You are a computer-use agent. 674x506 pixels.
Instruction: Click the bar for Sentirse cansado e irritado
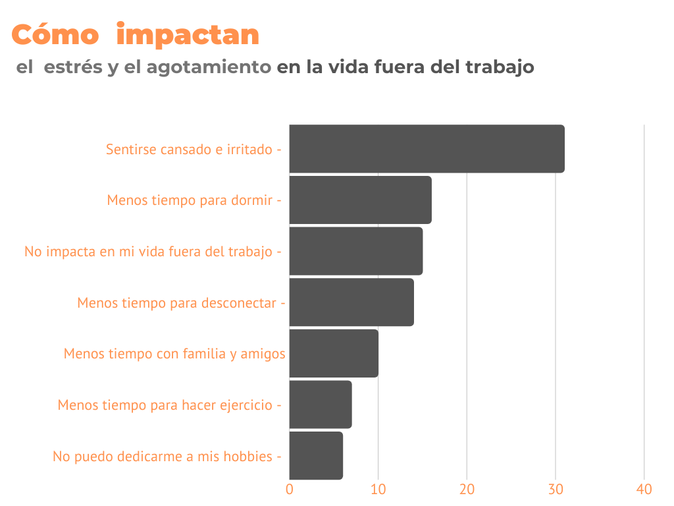(x=427, y=149)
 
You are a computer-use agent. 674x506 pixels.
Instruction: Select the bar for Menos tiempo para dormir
(x=360, y=200)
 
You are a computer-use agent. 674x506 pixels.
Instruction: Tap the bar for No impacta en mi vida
(x=355, y=251)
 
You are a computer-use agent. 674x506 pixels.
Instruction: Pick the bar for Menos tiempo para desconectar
(x=351, y=302)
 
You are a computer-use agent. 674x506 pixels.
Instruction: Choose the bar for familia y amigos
(x=334, y=354)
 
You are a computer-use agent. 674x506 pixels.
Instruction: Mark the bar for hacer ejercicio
(x=321, y=405)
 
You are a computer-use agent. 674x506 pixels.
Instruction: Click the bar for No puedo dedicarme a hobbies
(x=316, y=456)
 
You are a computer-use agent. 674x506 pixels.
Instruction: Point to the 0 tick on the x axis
(x=290, y=490)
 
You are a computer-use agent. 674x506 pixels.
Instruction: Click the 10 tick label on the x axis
(x=378, y=490)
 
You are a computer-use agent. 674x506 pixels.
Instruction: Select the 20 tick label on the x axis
(x=467, y=490)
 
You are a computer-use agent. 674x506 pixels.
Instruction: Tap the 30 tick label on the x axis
(x=556, y=490)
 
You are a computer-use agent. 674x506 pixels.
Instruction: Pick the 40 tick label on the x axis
(x=644, y=490)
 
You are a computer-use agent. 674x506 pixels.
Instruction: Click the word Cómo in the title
(x=55, y=34)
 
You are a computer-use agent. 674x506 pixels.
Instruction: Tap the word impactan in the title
(x=188, y=35)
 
